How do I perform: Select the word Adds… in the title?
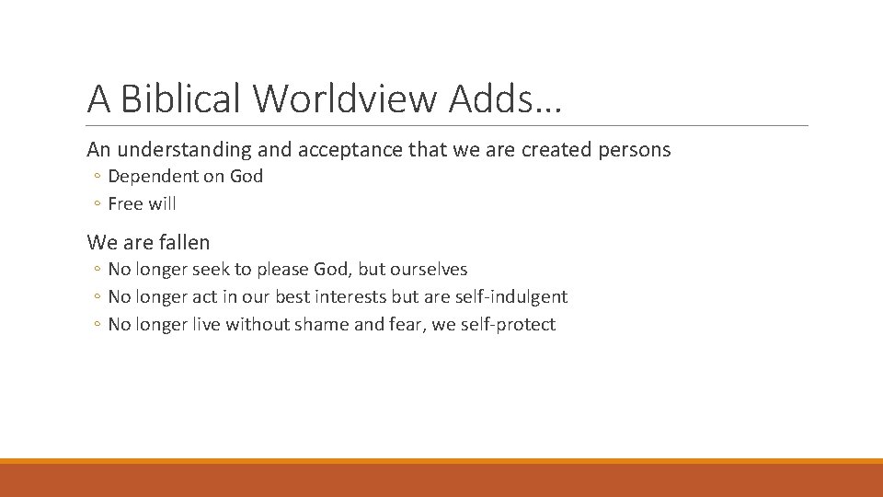[x=504, y=98]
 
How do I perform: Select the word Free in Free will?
[x=125, y=203]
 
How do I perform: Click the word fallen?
[x=185, y=243]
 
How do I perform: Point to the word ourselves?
[x=429, y=270]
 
